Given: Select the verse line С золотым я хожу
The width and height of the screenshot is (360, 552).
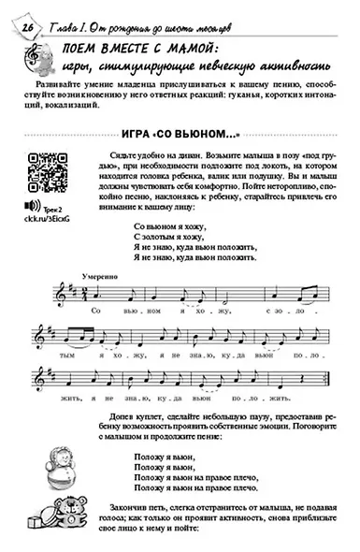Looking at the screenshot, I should point(164,238).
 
